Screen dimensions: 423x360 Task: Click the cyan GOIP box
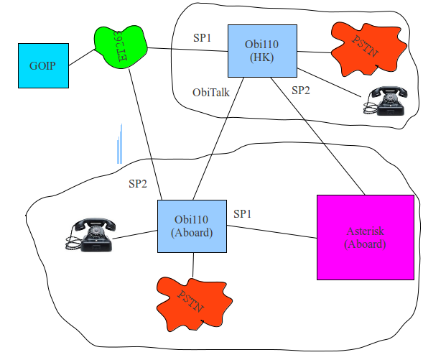point(43,65)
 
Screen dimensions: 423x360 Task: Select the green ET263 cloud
point(121,47)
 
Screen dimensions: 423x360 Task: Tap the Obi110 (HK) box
point(262,51)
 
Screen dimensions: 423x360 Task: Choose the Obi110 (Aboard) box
point(192,226)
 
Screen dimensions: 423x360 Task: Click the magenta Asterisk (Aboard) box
point(366,237)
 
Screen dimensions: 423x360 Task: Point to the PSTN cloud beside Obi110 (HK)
point(368,50)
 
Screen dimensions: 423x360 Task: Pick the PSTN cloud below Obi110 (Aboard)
point(194,304)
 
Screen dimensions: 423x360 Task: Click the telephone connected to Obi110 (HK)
point(386,101)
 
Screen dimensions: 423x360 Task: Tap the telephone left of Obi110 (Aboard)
point(90,235)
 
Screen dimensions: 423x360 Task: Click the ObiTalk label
point(211,93)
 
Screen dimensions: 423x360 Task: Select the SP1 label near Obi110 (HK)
point(202,38)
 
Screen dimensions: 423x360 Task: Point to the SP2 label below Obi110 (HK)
point(301,91)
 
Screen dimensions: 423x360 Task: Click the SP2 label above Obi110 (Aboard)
point(138,184)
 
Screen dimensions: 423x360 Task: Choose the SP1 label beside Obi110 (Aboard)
point(243,213)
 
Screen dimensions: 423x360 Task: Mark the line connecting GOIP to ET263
point(82,57)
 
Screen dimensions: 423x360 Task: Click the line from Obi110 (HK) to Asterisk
point(318,136)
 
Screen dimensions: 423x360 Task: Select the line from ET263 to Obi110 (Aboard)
point(145,134)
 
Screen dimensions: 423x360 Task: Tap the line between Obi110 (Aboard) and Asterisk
point(272,232)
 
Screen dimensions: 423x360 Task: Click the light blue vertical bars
point(119,144)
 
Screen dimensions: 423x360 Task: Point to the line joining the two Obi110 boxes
point(218,139)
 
